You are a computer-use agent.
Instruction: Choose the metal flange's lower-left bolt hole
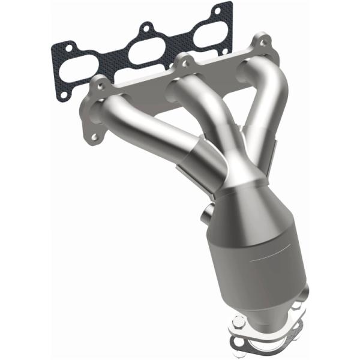coord(94,137)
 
